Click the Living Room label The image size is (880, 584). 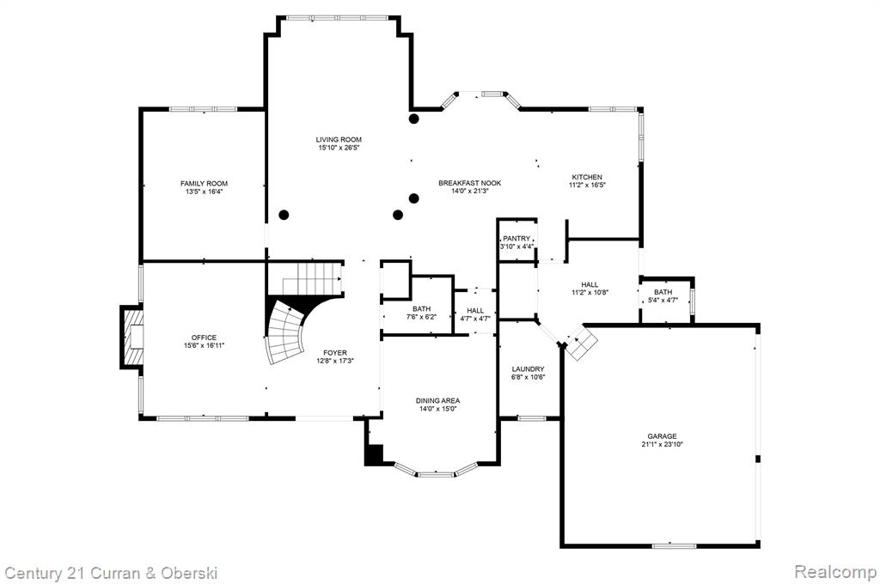339,140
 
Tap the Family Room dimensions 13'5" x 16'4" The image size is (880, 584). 205,192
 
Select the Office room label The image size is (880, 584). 204,338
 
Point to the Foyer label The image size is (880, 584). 335,353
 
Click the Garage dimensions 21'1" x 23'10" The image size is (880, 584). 663,444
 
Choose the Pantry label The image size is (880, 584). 516,239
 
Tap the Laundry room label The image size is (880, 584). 529,369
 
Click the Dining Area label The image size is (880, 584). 437,400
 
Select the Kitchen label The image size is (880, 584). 587,177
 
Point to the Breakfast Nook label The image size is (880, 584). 470,183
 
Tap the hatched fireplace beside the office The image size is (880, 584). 133,338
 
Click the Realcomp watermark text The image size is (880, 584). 835,572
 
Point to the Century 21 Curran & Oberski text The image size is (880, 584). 111,574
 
